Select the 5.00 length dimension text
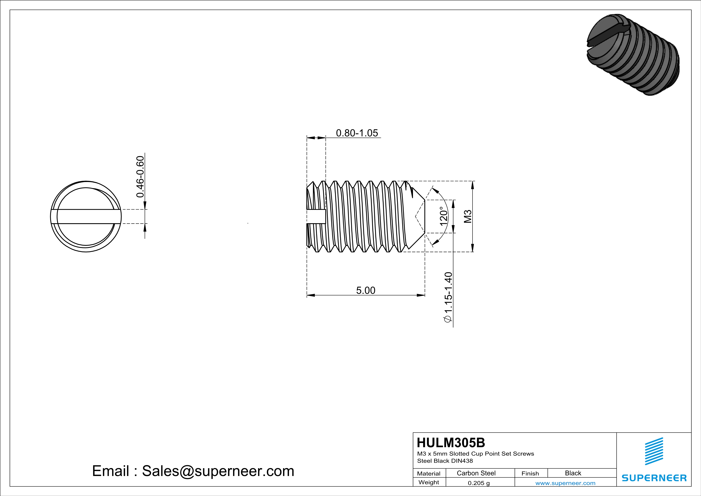tap(365, 290)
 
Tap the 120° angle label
tap(443, 216)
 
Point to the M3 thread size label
tap(468, 216)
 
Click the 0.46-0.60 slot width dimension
tap(140, 177)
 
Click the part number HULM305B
tap(451, 443)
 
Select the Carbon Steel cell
tap(476, 473)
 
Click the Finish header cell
tap(530, 473)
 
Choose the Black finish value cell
tap(573, 473)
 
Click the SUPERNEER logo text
tap(654, 478)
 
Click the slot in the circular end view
tap(86, 217)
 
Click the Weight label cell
tap(429, 482)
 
